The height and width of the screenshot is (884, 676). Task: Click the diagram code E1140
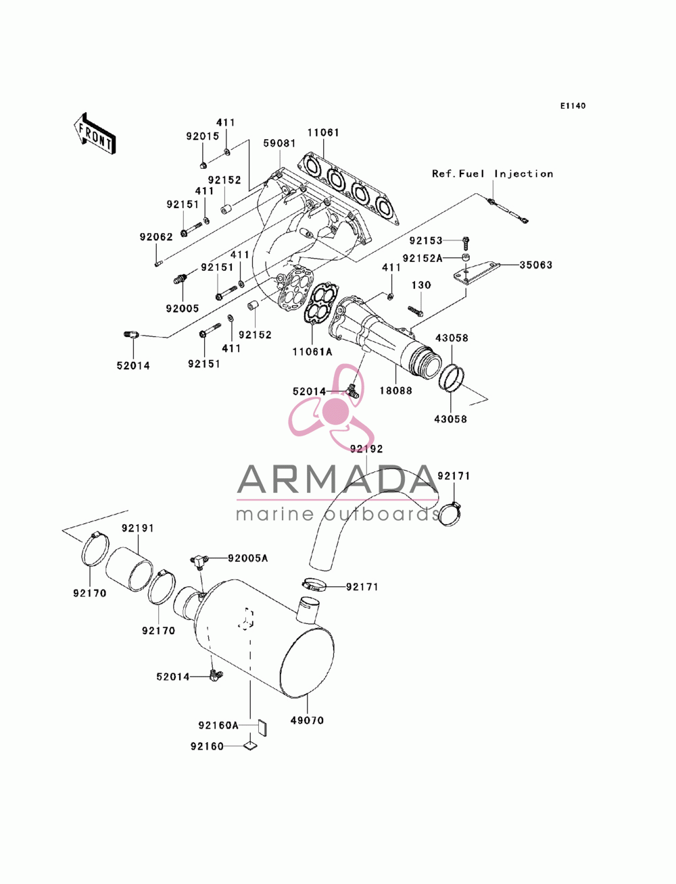[573, 106]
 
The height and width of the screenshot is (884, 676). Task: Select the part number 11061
[323, 132]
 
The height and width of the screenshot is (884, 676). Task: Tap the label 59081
[279, 143]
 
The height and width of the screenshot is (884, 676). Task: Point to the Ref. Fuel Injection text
[492, 174]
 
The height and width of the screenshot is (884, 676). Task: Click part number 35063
[535, 265]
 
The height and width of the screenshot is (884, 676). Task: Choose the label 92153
[426, 240]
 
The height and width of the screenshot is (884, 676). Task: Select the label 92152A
[422, 258]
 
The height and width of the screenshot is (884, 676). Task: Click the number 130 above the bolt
[421, 285]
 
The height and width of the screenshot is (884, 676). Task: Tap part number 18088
[396, 390]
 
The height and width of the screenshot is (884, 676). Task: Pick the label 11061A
[312, 352]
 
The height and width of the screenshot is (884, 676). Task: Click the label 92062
[156, 237]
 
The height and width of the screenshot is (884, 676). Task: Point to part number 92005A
[248, 558]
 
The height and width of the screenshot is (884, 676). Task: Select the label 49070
[307, 720]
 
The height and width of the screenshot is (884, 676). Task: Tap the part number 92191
[138, 527]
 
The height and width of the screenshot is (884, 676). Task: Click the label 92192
[366, 448]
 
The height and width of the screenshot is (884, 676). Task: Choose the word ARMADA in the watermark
[337, 479]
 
